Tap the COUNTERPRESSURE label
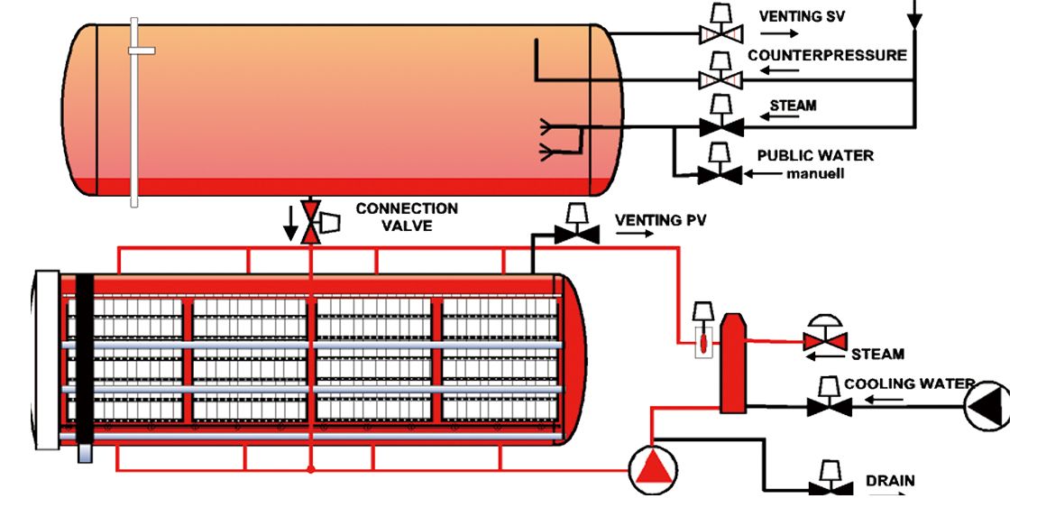pyautogui.click(x=827, y=55)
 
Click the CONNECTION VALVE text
pyautogui.click(x=407, y=217)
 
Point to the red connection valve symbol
pyautogui.click(x=310, y=222)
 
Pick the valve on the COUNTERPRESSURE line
pyautogui.click(x=720, y=80)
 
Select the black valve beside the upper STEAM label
pyautogui.click(x=720, y=125)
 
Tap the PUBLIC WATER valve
pyautogui.click(x=720, y=174)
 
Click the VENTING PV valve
pyautogui.click(x=576, y=235)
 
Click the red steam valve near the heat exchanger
pyautogui.click(x=825, y=342)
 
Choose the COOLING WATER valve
pyautogui.click(x=828, y=407)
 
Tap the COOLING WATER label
pyautogui.click(x=908, y=384)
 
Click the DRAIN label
pyautogui.click(x=890, y=480)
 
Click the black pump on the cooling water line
pyautogui.click(x=989, y=407)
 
